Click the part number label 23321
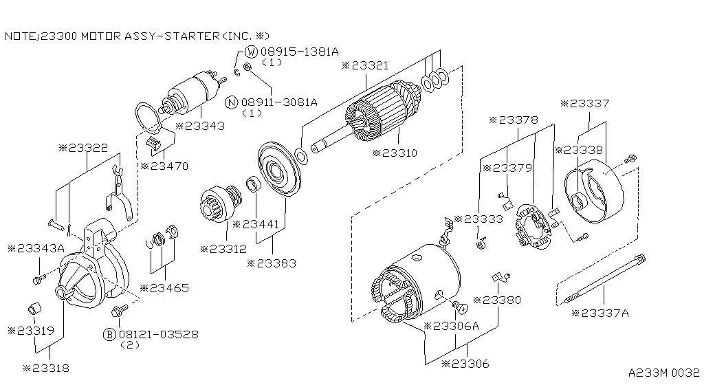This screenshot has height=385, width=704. [369, 66]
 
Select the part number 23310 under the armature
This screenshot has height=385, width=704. [398, 153]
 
